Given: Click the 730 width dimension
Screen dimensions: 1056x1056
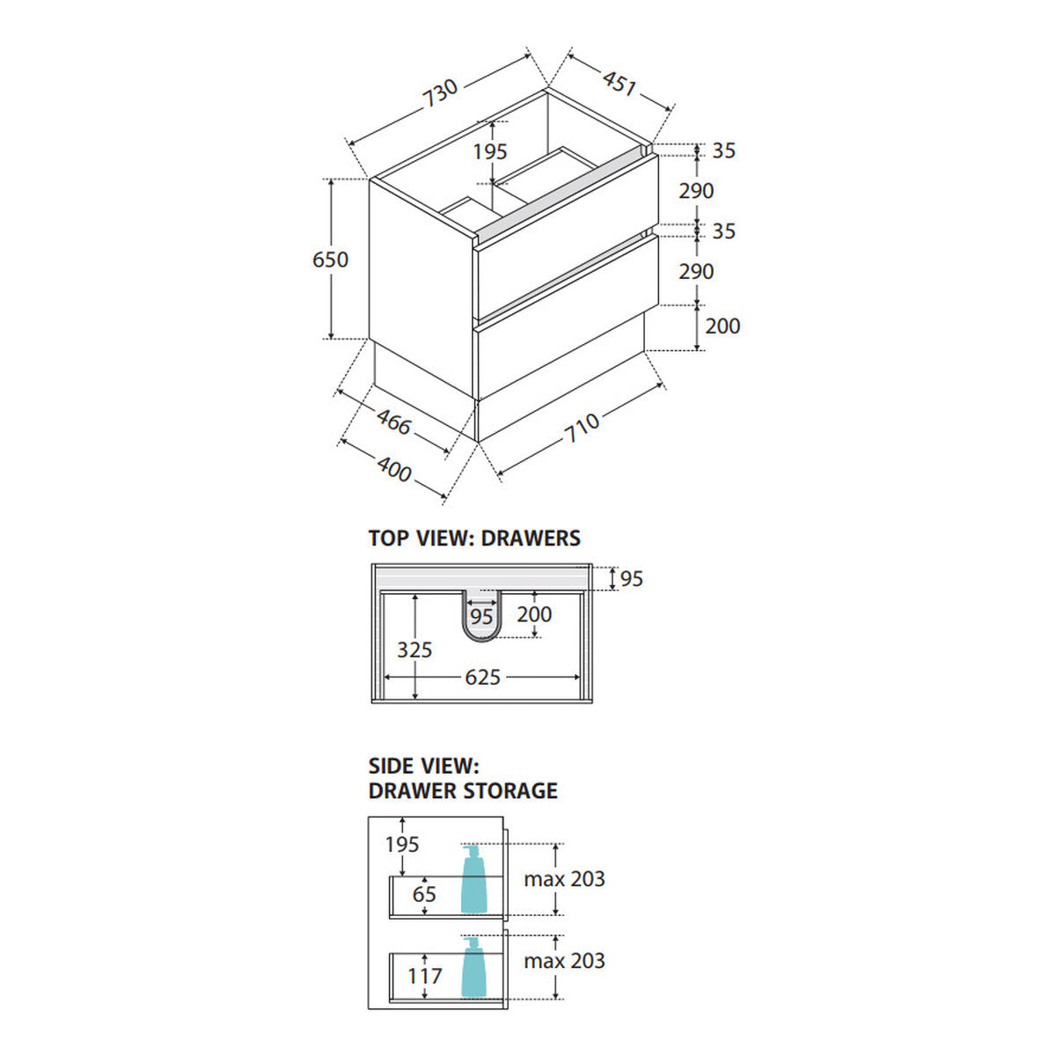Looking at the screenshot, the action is point(440,93).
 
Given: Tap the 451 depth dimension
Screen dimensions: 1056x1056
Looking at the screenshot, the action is point(620,84).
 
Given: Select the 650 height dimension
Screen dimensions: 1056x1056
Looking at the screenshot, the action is point(330,260).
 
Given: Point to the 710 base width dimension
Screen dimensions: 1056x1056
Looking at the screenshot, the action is point(582,428).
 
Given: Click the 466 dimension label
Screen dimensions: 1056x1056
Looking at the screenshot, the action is point(394,423).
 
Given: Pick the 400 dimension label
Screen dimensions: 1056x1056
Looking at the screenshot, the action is point(394,470).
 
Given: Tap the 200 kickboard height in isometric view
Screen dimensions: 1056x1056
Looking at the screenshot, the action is point(722,326).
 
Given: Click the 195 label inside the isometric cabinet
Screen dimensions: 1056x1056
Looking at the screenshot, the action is point(490,151).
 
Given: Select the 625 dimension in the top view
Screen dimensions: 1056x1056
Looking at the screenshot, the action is point(483,678).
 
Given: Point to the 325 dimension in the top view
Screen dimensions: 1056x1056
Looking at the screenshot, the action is point(414,650).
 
